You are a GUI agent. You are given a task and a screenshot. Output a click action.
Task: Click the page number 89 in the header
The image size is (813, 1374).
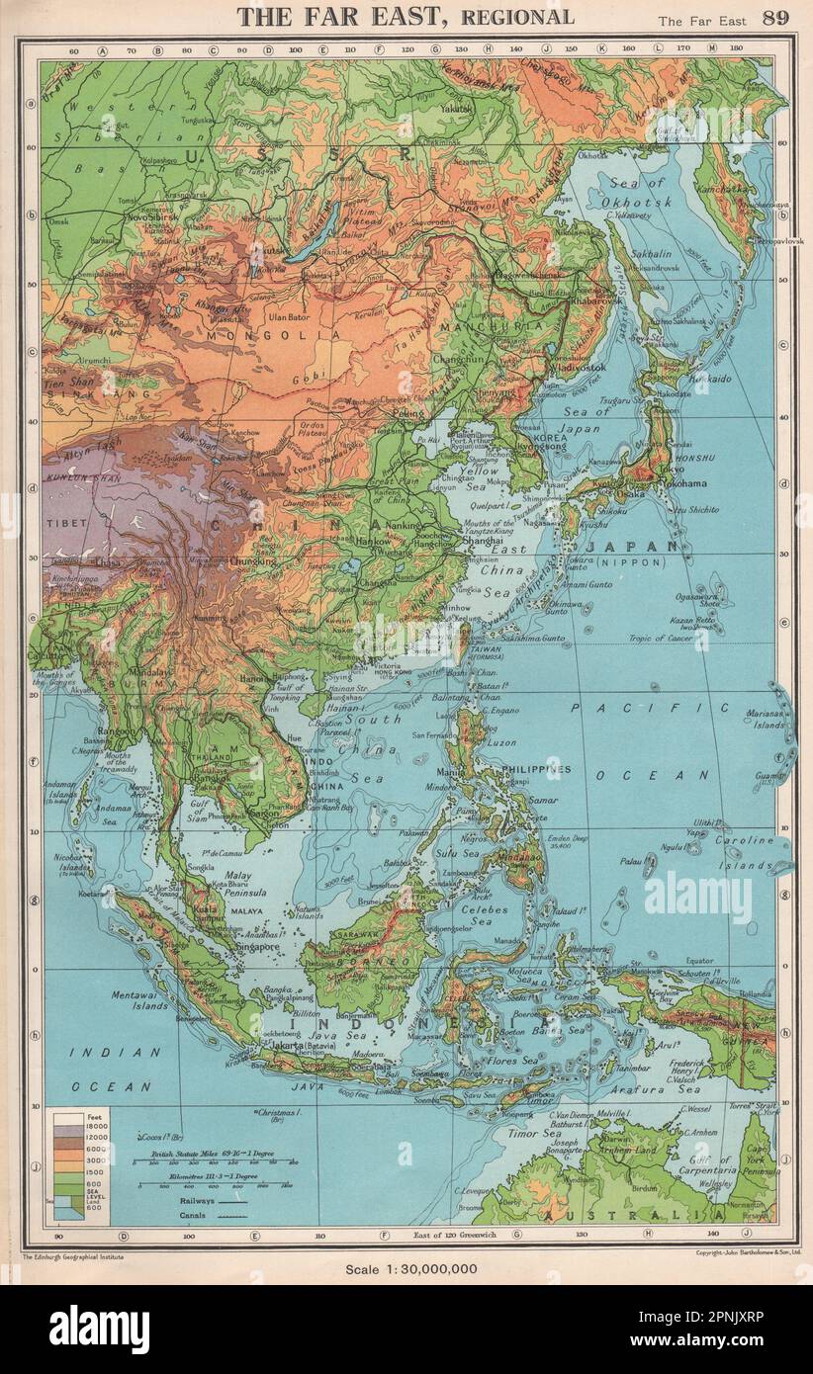click(x=774, y=18)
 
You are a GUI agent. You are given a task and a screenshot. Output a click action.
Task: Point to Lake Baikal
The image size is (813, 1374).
click(x=316, y=232)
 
